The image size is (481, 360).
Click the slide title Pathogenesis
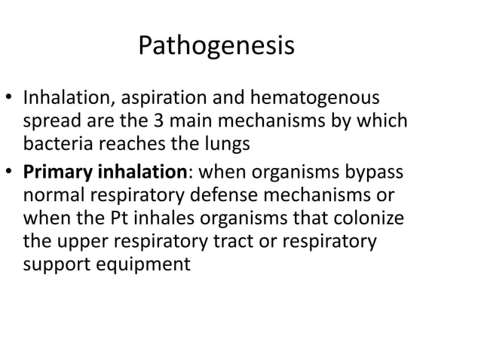point(216,47)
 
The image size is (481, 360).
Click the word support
point(54,266)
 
